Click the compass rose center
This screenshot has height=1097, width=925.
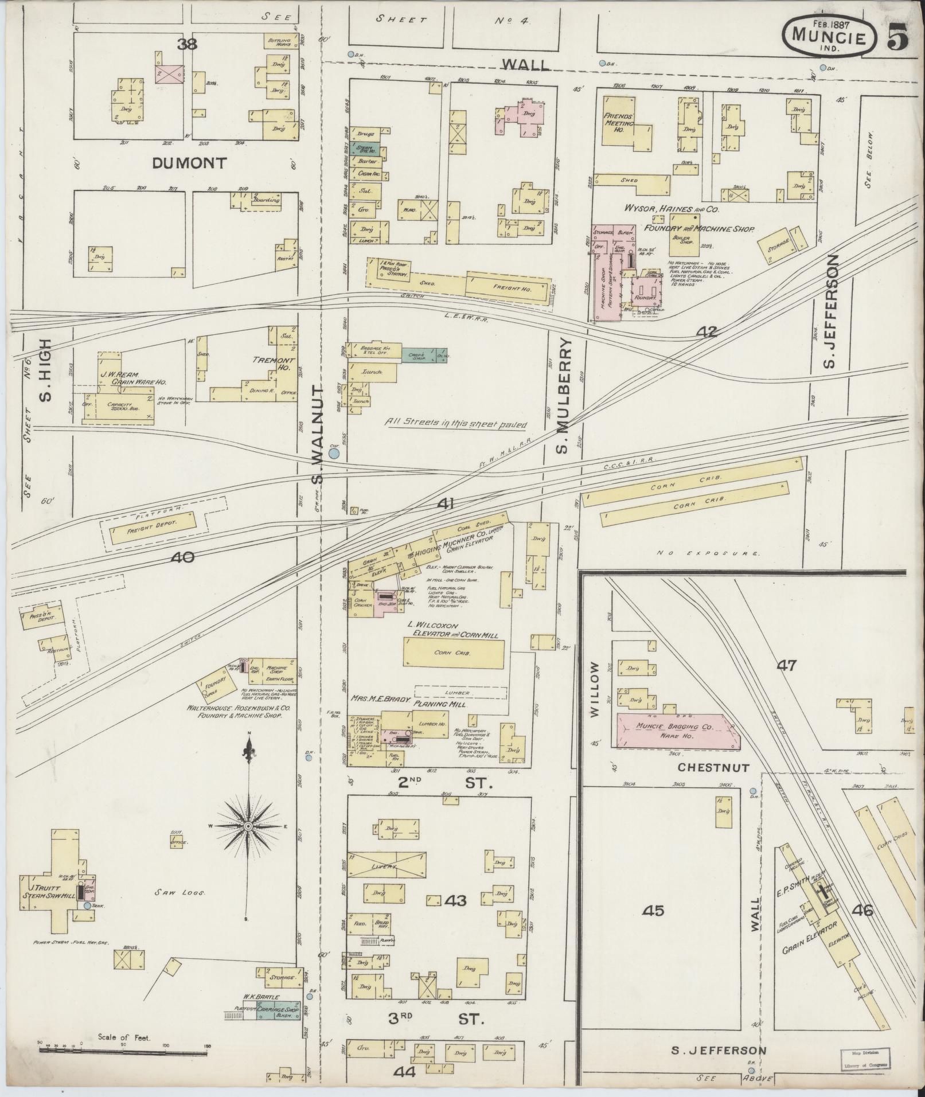pos(248,826)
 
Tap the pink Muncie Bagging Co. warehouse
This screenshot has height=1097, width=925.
pos(677,731)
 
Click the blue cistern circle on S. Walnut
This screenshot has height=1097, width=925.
pos(334,454)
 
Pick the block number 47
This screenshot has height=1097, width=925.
pos(787,665)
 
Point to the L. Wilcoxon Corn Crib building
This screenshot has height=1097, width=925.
pos(454,653)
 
